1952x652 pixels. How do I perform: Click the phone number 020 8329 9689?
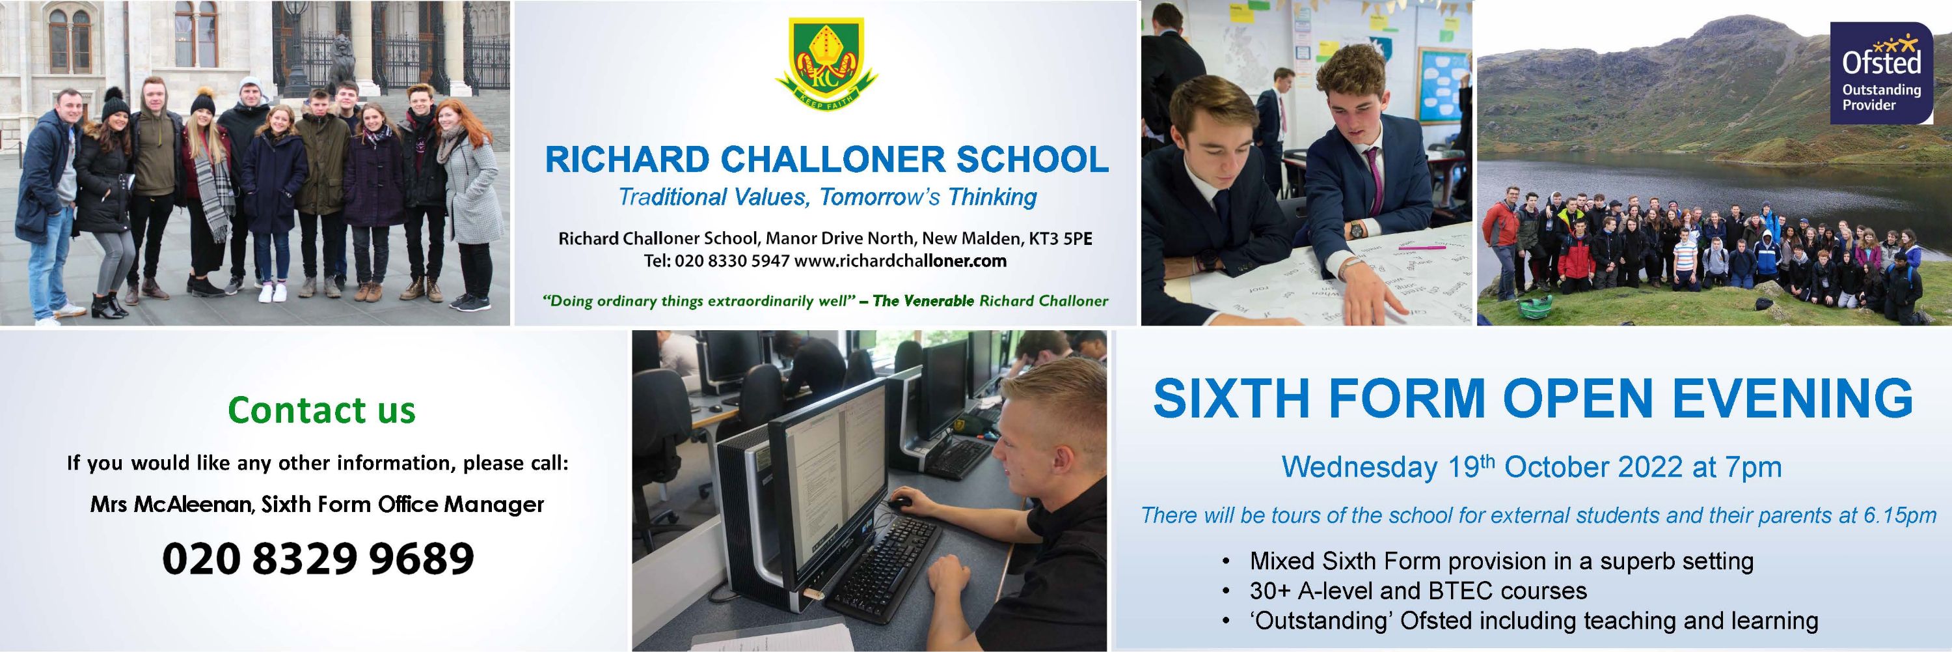[318, 559]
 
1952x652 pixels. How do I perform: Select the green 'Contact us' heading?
[322, 410]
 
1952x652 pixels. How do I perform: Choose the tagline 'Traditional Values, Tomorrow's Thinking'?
[828, 198]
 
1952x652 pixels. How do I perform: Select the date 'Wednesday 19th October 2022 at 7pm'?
[1532, 467]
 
